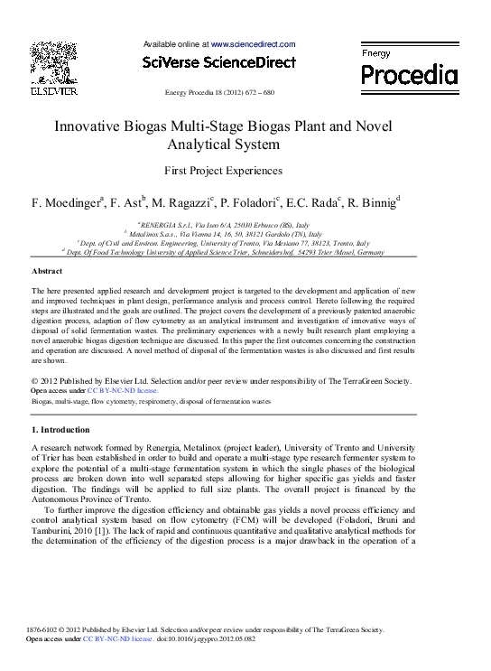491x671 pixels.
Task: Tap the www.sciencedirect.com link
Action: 253,43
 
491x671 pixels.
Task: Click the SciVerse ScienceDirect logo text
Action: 219,62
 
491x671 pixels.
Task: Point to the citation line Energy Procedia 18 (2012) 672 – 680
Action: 219,93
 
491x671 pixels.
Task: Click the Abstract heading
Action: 47,271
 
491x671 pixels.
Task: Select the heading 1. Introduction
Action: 60,430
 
